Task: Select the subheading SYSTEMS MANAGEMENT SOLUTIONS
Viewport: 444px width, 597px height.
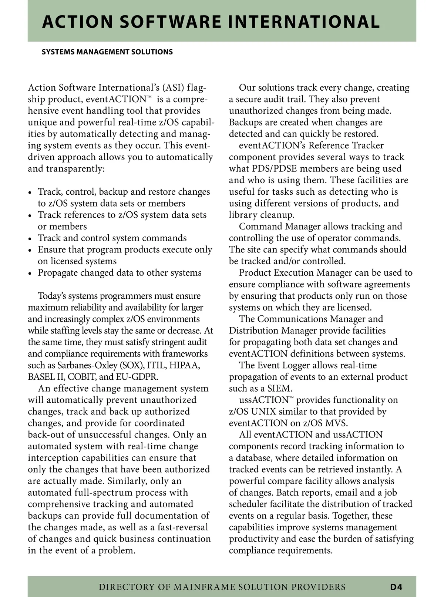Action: tap(107, 52)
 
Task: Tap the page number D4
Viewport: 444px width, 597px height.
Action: tap(396, 587)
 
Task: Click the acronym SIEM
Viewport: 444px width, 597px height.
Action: tap(280, 388)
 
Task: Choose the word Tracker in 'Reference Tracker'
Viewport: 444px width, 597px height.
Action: tap(367, 145)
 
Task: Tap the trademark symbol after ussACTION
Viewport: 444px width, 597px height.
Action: tap(291, 398)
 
